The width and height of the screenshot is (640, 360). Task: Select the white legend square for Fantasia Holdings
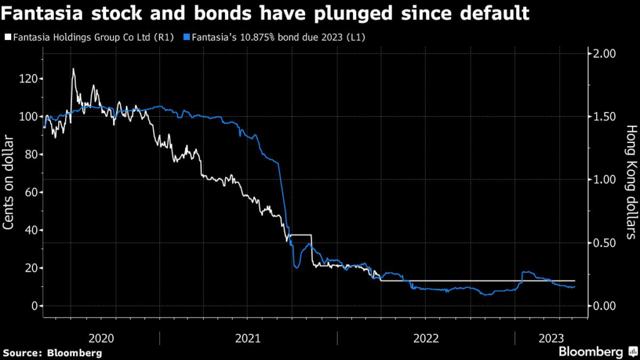click(7, 37)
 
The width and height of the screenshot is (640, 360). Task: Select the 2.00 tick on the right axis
click(604, 54)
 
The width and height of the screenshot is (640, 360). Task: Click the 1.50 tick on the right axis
click(604, 117)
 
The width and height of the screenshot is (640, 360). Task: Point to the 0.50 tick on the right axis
click(604, 242)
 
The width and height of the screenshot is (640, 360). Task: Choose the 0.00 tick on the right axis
click(604, 306)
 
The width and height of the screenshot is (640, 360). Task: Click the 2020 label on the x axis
click(101, 337)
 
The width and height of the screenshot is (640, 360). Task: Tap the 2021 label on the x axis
click(247, 337)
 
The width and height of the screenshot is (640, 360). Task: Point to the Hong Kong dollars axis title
click(631, 181)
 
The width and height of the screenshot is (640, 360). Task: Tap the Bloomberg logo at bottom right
click(597, 351)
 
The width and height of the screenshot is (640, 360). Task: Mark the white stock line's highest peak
click(73, 69)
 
